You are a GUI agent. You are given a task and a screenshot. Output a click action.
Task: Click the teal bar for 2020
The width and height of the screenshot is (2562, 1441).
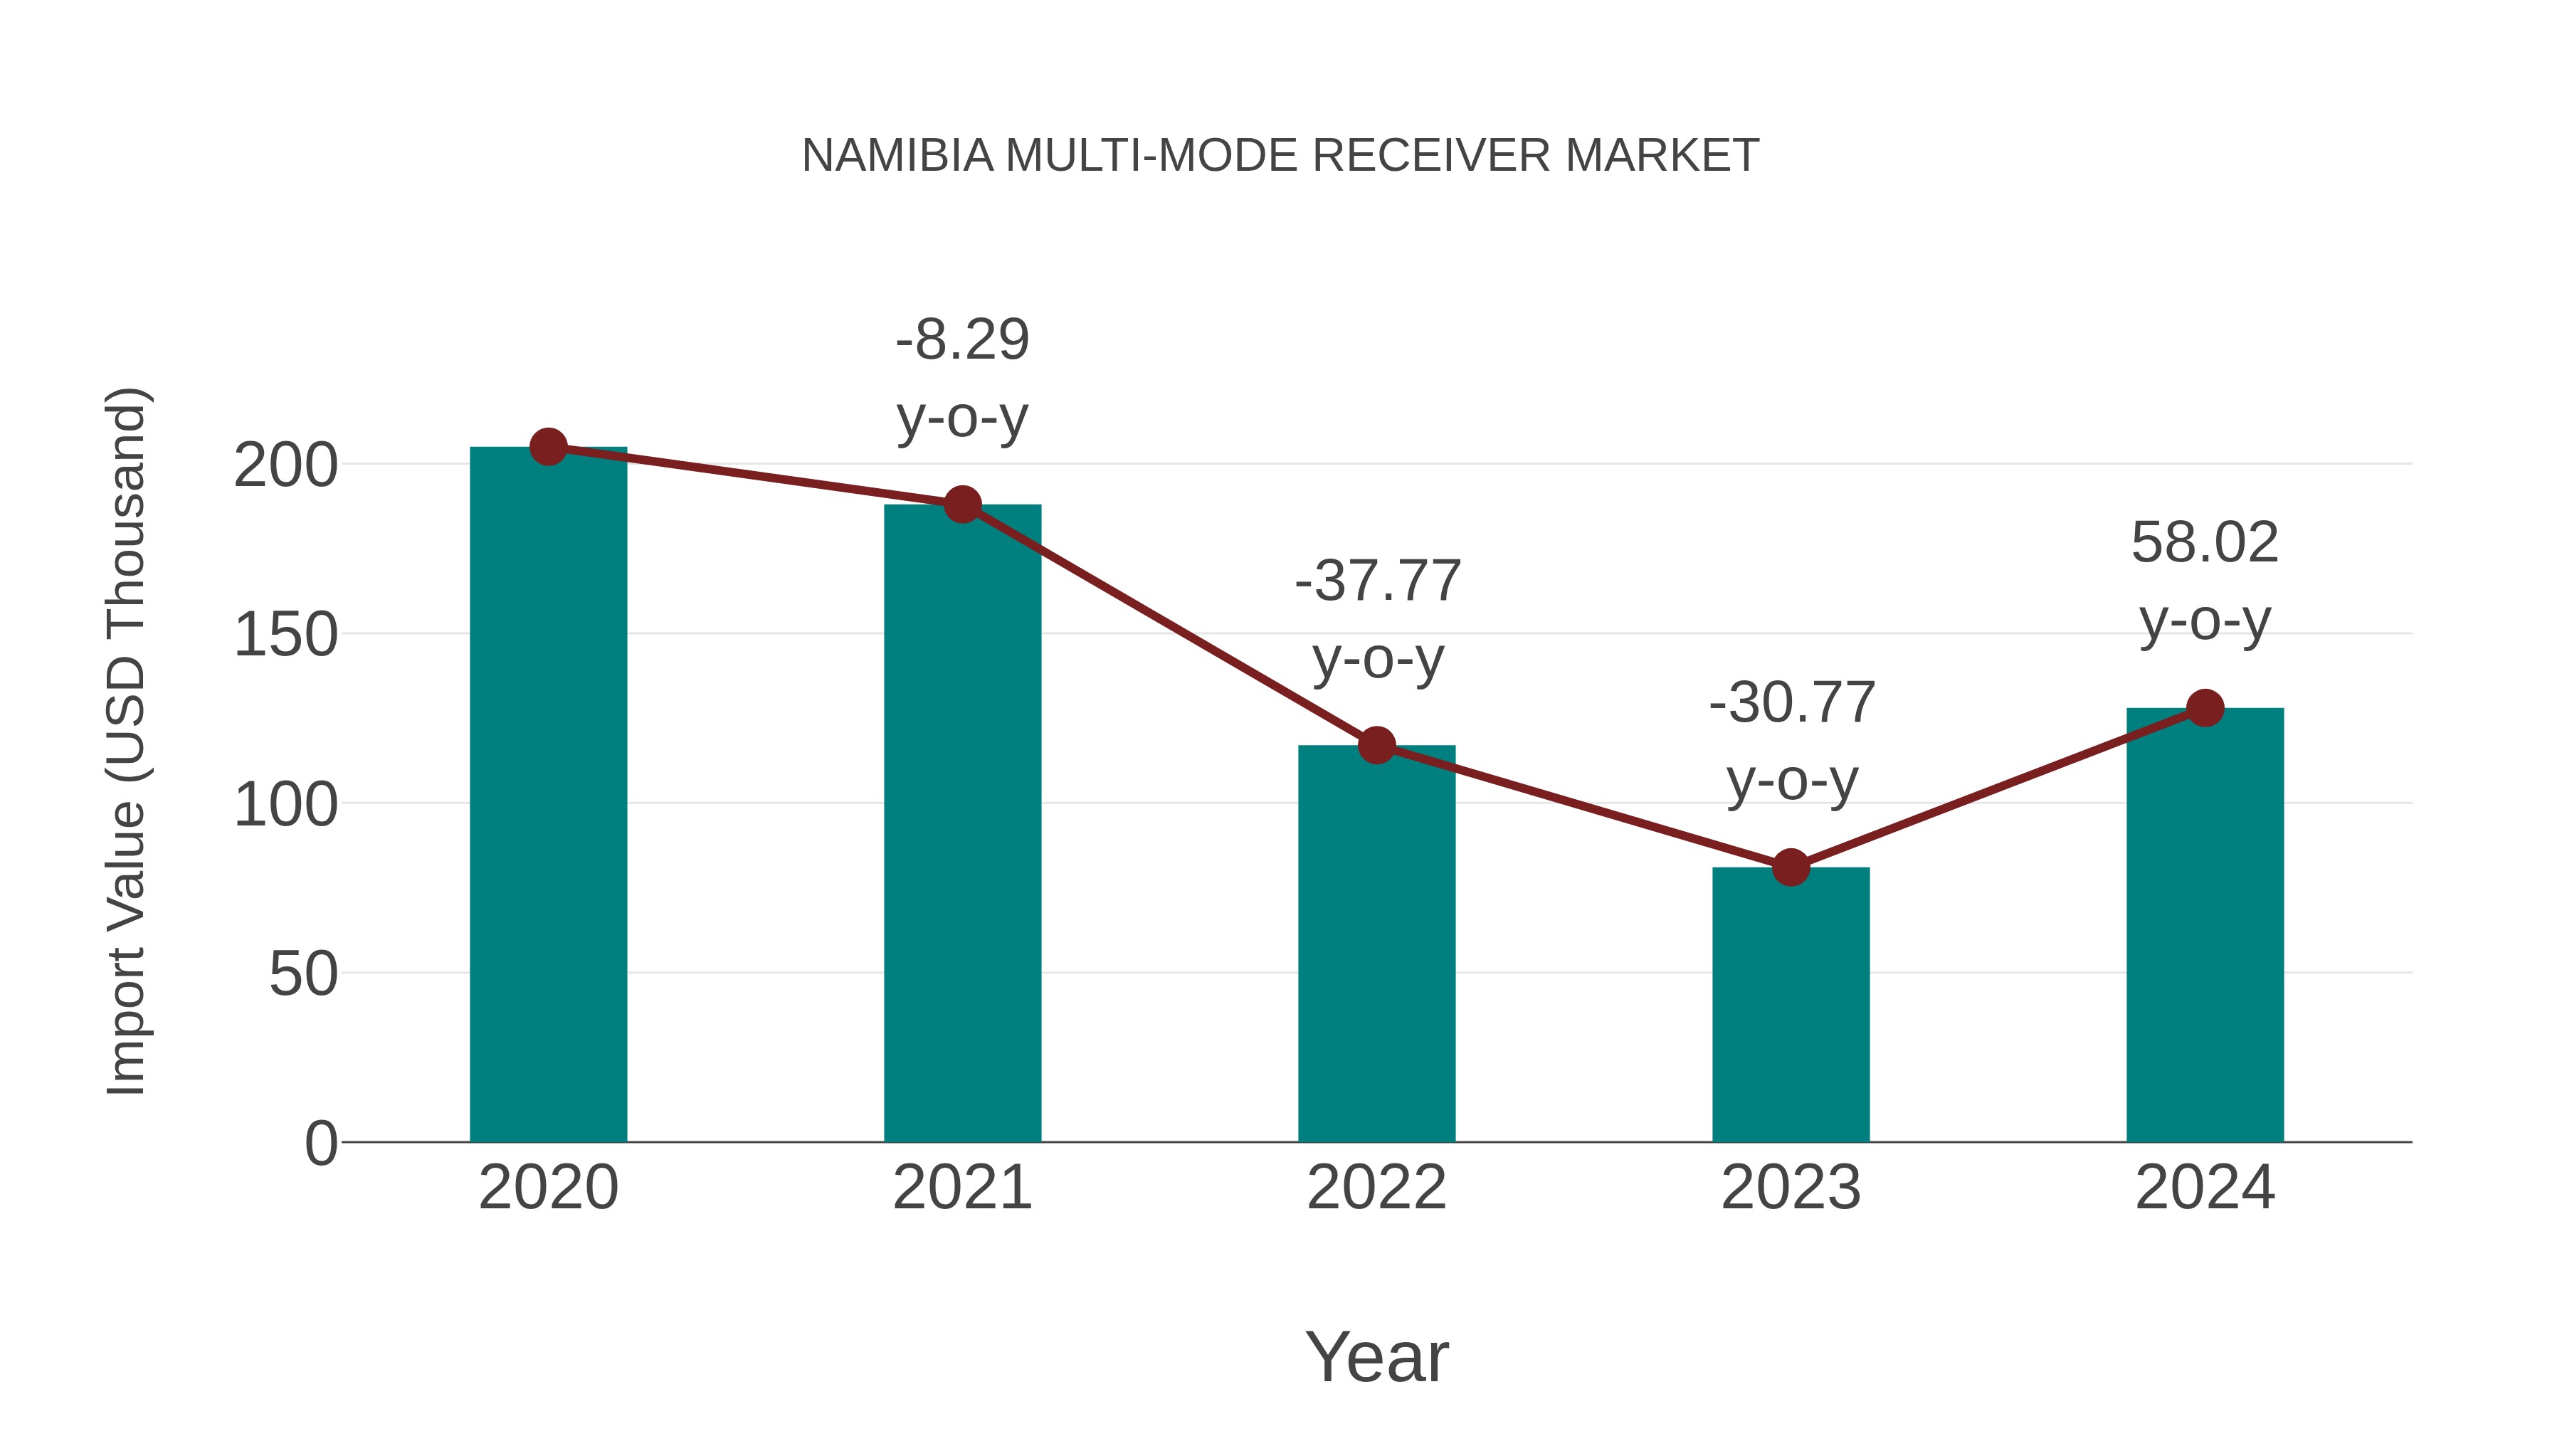pos(548,796)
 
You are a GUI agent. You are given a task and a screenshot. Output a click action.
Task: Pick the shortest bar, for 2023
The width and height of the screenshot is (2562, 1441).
pos(1791,1004)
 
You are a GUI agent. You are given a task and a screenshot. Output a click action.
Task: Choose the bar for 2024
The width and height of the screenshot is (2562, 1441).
pos(2205,925)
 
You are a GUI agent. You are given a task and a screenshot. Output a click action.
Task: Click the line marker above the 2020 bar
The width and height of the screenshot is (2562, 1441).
pos(548,448)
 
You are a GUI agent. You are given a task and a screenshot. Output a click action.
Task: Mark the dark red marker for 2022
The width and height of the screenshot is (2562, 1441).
pos(1376,745)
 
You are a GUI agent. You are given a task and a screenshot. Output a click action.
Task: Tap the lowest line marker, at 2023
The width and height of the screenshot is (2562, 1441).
pos(1791,867)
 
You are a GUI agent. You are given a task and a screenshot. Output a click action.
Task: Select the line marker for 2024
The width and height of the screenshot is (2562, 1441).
pos(2205,708)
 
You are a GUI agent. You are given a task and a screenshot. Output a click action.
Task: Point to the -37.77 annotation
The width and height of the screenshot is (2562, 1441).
pos(1378,582)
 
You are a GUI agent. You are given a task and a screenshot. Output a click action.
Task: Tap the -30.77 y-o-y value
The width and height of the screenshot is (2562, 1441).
pos(1791,704)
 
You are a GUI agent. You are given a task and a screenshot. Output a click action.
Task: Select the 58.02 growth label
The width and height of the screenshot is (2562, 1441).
pos(2205,544)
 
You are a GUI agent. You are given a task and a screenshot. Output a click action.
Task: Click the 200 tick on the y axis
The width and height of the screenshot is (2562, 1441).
pos(285,465)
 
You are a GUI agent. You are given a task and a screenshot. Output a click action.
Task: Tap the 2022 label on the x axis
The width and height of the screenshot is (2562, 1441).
pos(1376,1188)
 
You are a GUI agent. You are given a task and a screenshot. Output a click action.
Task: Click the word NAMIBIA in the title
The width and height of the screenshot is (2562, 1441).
pos(897,156)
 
